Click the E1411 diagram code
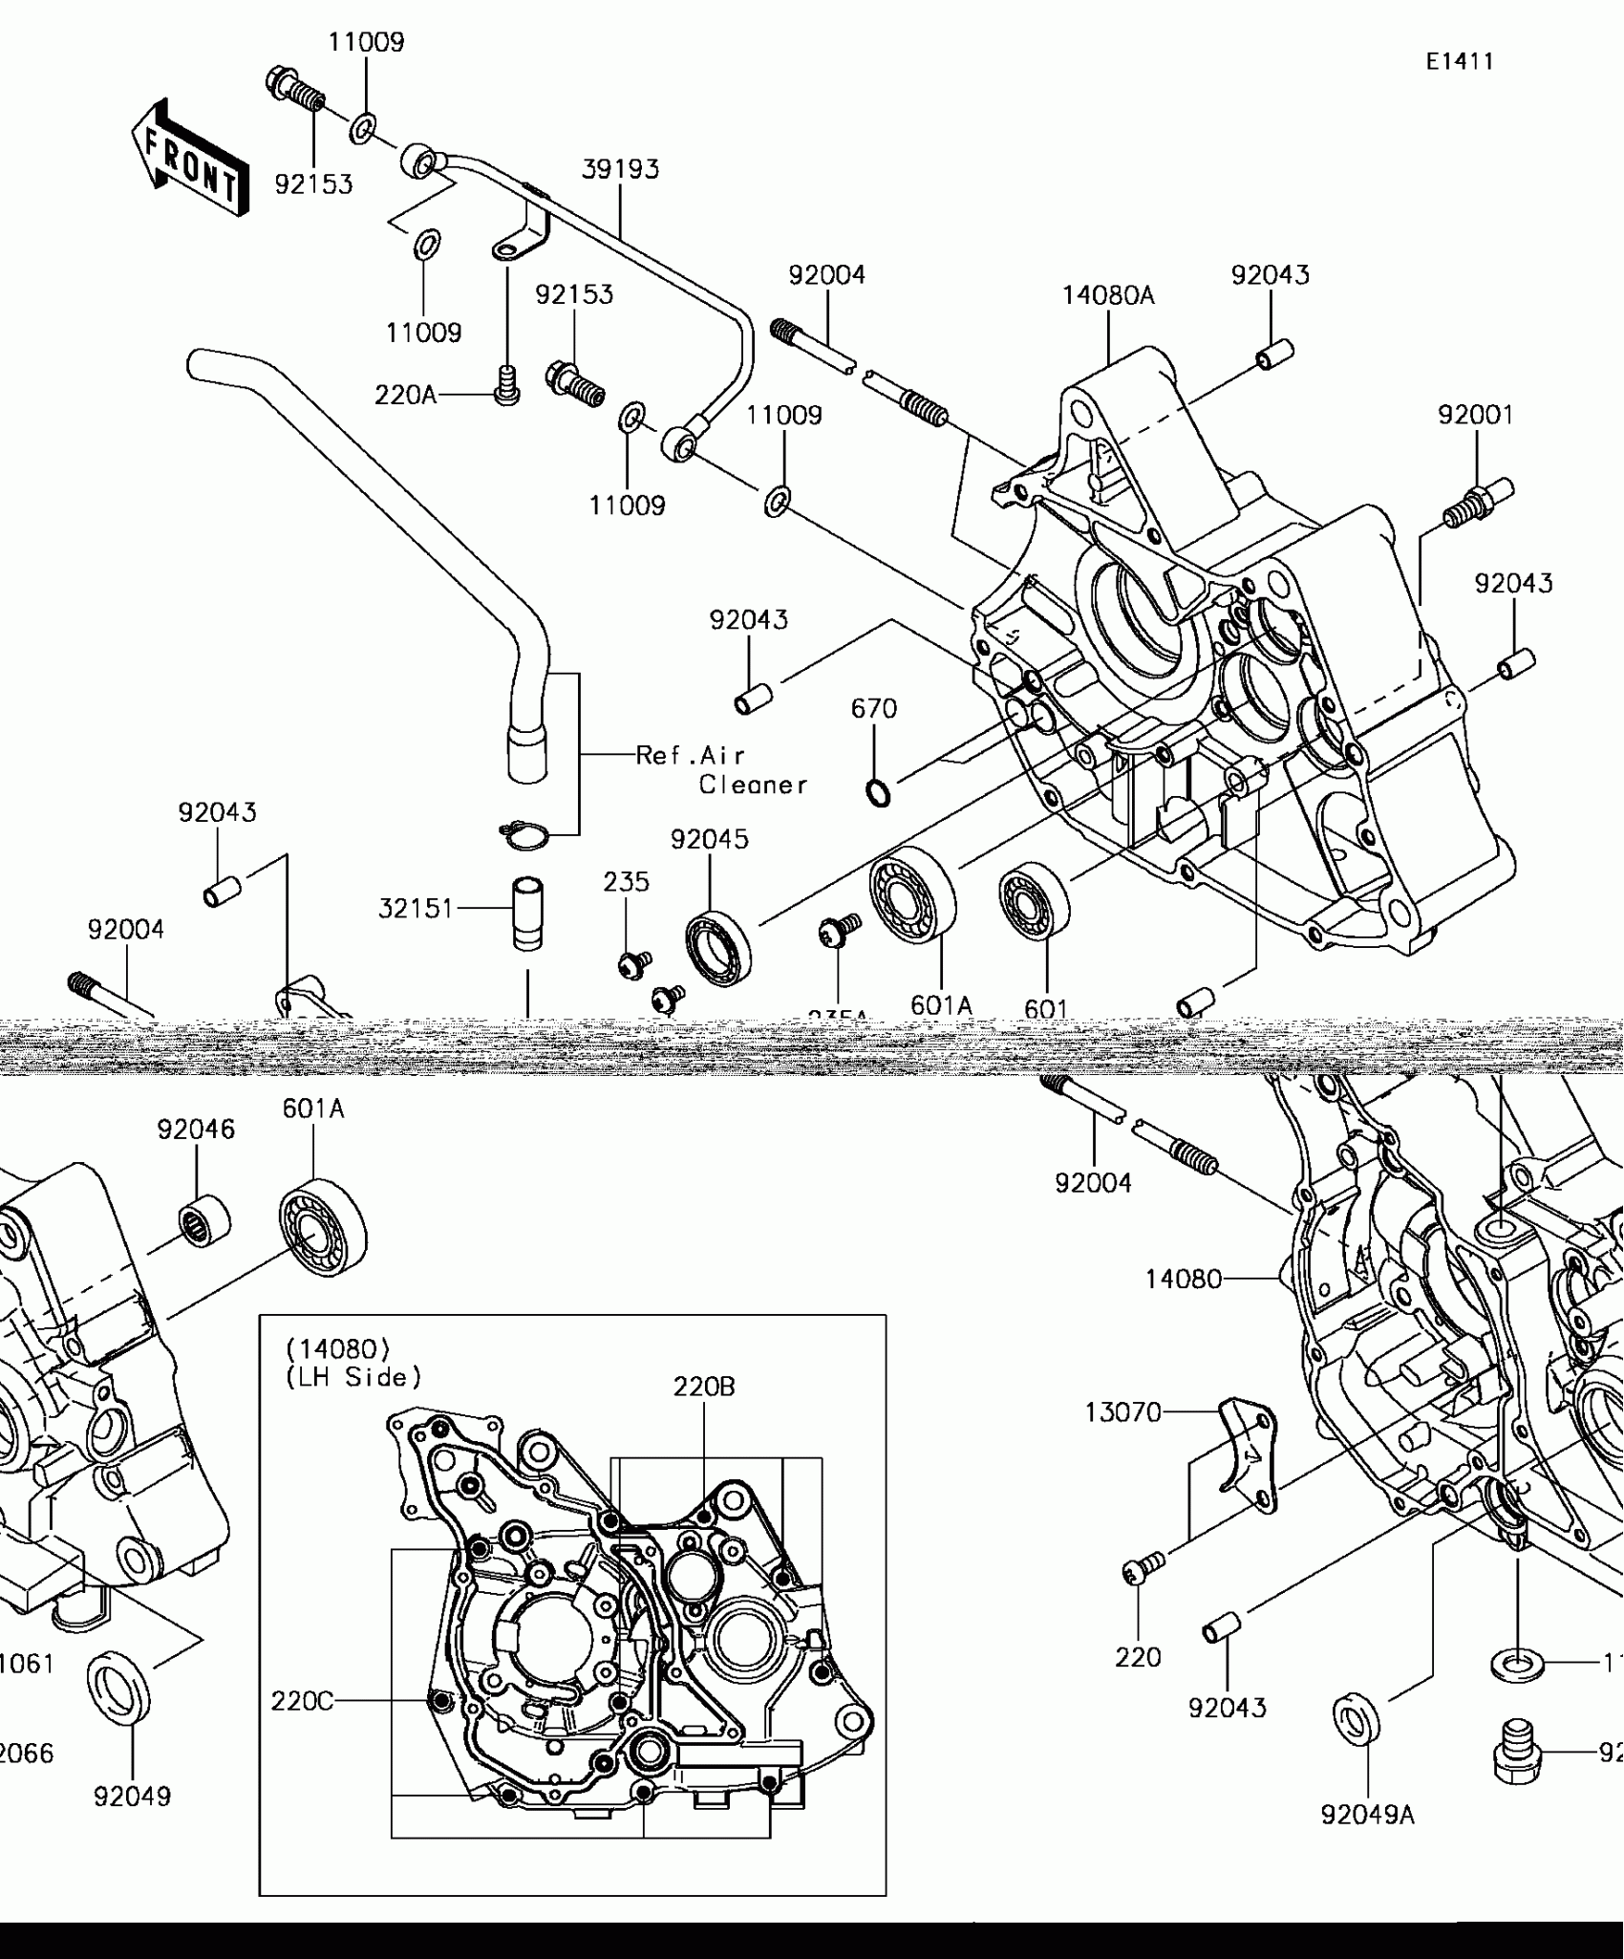(x=1460, y=61)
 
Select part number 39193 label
(x=621, y=169)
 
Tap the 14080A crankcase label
(x=1108, y=295)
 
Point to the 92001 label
(x=1476, y=415)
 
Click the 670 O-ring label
(x=874, y=709)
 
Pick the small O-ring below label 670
(x=878, y=792)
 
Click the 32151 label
(x=416, y=909)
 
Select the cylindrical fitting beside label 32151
(x=527, y=914)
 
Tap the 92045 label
(x=710, y=839)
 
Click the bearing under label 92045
(x=718, y=948)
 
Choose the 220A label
(x=405, y=394)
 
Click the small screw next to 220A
(x=507, y=386)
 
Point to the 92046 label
(x=196, y=1130)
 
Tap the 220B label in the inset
(x=704, y=1387)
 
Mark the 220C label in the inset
(x=302, y=1701)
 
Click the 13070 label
(x=1122, y=1412)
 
